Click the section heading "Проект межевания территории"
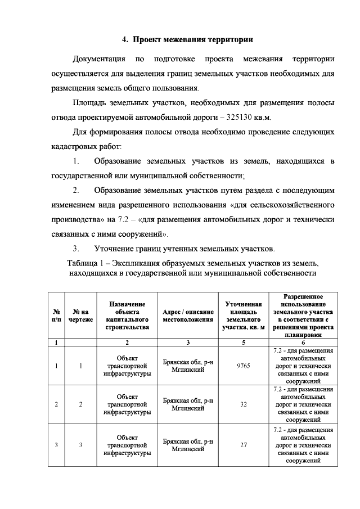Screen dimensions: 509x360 pyautogui.click(x=188, y=39)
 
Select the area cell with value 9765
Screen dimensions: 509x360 pyautogui.click(x=244, y=366)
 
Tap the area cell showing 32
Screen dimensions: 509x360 pyautogui.click(x=244, y=404)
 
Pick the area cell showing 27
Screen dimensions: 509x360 pyautogui.click(x=244, y=445)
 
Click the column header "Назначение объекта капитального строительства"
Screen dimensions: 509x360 pyautogui.click(x=127, y=315)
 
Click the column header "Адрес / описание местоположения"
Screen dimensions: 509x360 pyautogui.click(x=187, y=315)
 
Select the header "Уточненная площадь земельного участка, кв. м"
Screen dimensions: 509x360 pyautogui.click(x=244, y=315)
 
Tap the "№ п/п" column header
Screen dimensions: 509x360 pyautogui.click(x=56, y=315)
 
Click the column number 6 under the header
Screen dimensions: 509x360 pyautogui.click(x=303, y=342)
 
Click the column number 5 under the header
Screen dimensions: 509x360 pyautogui.click(x=244, y=342)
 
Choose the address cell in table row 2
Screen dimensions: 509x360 pyautogui.click(x=187, y=404)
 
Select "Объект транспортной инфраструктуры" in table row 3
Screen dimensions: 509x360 pyautogui.click(x=127, y=445)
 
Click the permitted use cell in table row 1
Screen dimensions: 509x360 pyautogui.click(x=303, y=366)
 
